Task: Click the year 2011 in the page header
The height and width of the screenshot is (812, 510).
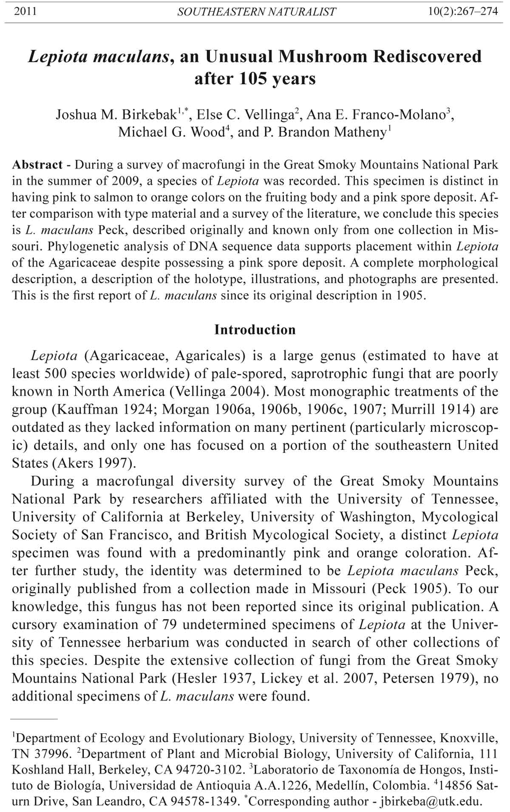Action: (x=25, y=11)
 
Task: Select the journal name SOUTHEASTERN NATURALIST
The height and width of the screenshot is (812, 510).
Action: (x=257, y=12)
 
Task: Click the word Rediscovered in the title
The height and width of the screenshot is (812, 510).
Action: (x=427, y=57)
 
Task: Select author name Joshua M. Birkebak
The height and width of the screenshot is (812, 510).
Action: (x=116, y=115)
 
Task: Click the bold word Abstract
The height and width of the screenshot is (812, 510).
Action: (x=37, y=165)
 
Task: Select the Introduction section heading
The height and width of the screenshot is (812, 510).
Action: (x=255, y=329)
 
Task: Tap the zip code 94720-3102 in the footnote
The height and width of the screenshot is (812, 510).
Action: (x=201, y=769)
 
